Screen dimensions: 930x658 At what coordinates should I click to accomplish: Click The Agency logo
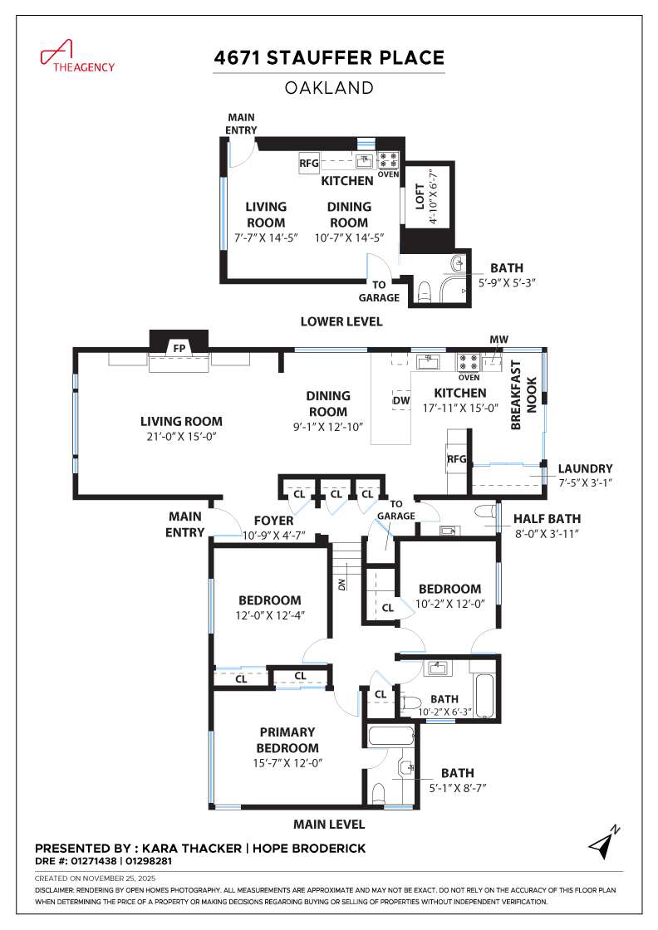tap(76, 56)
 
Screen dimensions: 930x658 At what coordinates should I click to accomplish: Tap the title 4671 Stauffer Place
tap(329, 58)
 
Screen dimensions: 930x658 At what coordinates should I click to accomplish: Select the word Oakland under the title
tap(329, 86)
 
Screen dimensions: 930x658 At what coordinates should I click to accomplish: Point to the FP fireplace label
tap(178, 348)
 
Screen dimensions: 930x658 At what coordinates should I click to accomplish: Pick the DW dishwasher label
tap(400, 400)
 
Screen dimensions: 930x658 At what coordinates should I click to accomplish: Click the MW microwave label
tap(498, 340)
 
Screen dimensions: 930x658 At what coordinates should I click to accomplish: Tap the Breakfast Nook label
tap(523, 394)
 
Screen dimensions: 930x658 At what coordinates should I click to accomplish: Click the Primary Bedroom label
tap(287, 740)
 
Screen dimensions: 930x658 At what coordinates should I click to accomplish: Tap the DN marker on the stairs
tap(342, 583)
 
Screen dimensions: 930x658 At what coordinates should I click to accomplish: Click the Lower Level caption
tap(341, 321)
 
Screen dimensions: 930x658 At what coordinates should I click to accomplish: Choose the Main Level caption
tap(328, 825)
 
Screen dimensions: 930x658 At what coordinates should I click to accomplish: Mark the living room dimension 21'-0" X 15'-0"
tap(181, 436)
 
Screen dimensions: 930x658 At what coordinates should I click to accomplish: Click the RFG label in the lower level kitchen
tap(309, 164)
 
